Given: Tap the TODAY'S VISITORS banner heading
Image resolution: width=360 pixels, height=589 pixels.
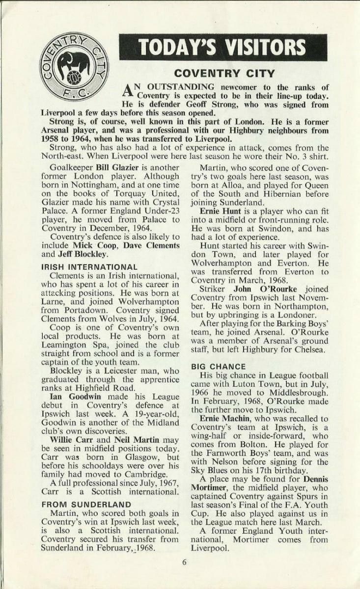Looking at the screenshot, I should pos(223,48).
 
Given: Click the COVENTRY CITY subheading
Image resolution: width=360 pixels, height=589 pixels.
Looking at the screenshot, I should pos(225,74).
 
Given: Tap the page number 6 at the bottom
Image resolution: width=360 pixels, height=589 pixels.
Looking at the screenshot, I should pos(184,562).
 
